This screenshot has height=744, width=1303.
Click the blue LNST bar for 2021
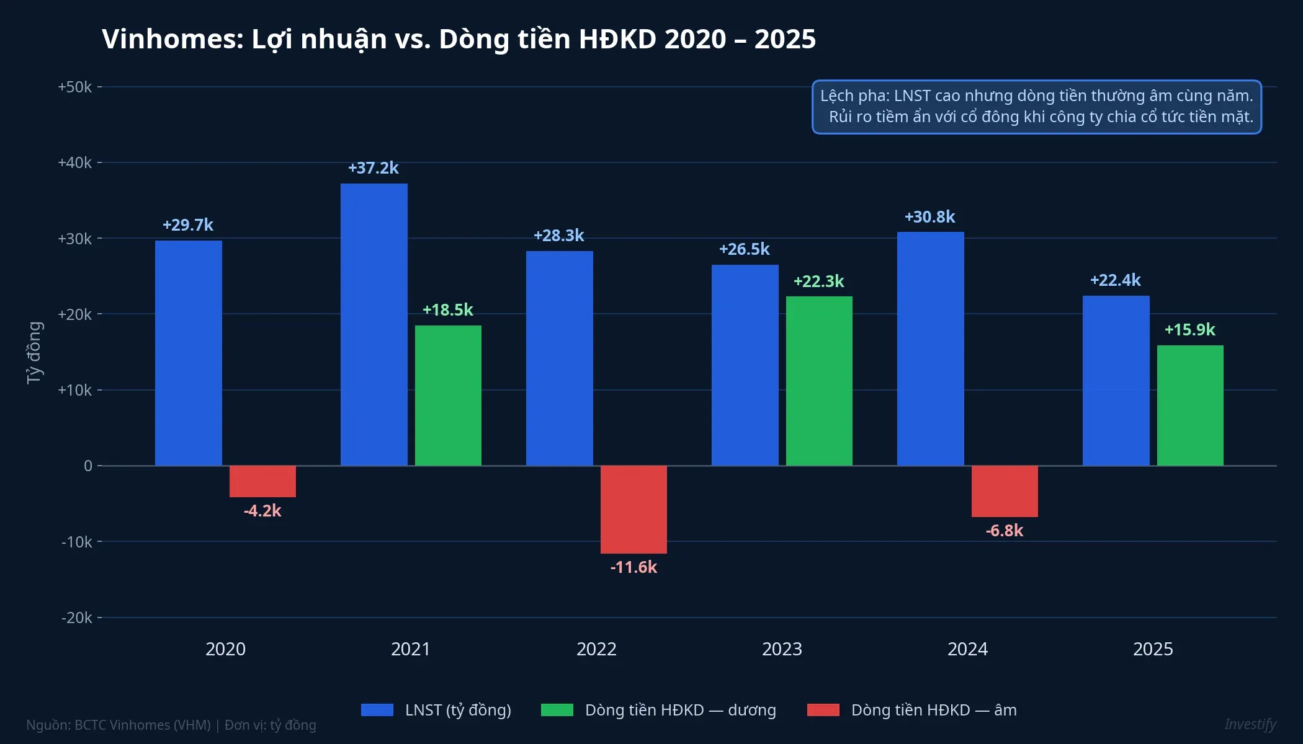pos(374,324)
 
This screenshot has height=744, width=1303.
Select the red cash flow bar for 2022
pos(634,509)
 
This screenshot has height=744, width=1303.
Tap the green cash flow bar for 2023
pos(819,381)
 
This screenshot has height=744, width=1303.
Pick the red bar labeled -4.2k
pos(262,481)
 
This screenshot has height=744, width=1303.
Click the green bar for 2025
pos(1190,405)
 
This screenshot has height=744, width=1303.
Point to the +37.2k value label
pos(374,168)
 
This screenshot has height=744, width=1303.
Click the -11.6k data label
pos(634,567)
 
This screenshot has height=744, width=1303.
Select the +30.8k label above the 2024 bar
pos(929,217)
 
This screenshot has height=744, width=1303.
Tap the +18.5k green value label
pos(447,310)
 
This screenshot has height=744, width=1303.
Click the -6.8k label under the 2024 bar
pos(1004,531)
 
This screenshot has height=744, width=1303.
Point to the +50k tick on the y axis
pos(74,87)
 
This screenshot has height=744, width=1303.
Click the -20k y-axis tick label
pos(76,618)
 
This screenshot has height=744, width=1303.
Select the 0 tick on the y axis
pos(88,466)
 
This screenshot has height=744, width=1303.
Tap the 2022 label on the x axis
pos(596,649)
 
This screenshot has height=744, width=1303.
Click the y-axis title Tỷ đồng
pos(34,353)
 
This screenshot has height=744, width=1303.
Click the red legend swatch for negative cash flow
pos(823,710)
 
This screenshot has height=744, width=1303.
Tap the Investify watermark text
pos(1250,724)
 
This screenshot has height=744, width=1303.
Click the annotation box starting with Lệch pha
pos(1036,107)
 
